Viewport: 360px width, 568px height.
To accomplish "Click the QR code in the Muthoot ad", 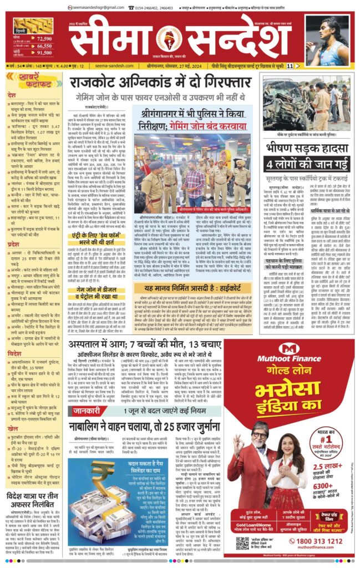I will (x=242, y=541).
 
